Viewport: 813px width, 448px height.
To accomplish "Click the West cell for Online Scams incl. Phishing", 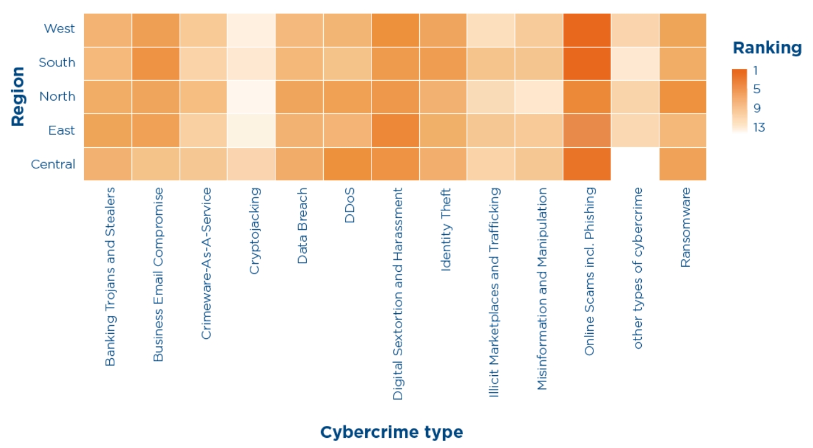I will click(587, 30).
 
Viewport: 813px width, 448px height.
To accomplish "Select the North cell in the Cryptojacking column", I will click(251, 97).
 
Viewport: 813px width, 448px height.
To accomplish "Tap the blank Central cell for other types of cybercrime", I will click(634, 164).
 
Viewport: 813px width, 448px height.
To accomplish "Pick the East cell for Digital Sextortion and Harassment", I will click(395, 130).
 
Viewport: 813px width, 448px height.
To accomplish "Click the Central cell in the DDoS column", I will click(347, 164).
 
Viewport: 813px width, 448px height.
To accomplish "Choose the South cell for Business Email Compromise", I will click(155, 63).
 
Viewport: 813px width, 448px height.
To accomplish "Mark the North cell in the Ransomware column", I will click(682, 97).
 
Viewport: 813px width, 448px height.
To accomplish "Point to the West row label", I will click(59, 28).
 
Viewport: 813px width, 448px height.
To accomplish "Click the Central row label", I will click(53, 164).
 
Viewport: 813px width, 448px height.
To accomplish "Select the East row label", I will click(61, 130).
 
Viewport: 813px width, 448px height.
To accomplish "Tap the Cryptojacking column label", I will click(254, 231).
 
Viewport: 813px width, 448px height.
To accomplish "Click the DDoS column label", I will click(350, 206).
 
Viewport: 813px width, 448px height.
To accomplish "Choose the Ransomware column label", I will click(685, 227).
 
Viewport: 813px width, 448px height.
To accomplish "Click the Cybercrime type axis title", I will click(391, 432).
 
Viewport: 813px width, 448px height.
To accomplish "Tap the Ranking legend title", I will click(766, 48).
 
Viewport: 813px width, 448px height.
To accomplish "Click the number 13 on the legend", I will click(759, 127).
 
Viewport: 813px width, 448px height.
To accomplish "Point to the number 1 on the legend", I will click(755, 70).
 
